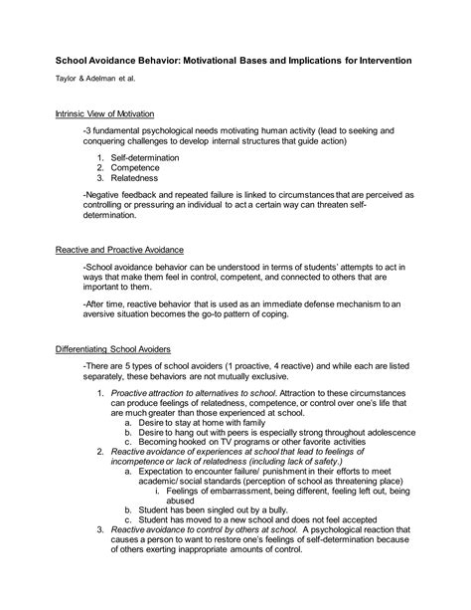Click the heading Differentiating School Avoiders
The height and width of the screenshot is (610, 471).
tap(113, 350)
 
